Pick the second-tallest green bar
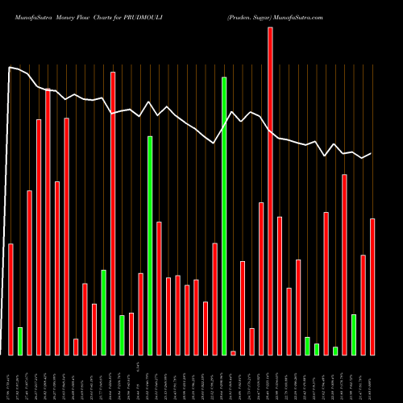pos(150,246)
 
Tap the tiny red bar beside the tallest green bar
pos(233,353)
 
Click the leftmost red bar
pos(10,299)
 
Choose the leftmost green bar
pos(20,341)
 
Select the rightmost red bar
pos(372,286)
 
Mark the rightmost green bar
pos(354,334)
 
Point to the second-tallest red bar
pos(113,214)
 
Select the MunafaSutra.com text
pos(299,16)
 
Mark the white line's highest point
pos(10,68)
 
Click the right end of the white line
pos(372,153)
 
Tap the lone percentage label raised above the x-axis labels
pos(139,368)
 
